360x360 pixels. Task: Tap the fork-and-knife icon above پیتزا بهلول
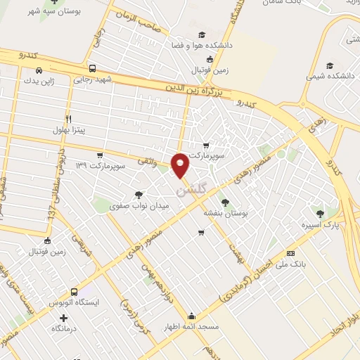tap(68, 118)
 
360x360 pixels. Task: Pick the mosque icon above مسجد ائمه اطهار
tap(192, 316)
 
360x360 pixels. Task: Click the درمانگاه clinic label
tap(64, 328)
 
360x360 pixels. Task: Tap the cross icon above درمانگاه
tap(64, 317)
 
